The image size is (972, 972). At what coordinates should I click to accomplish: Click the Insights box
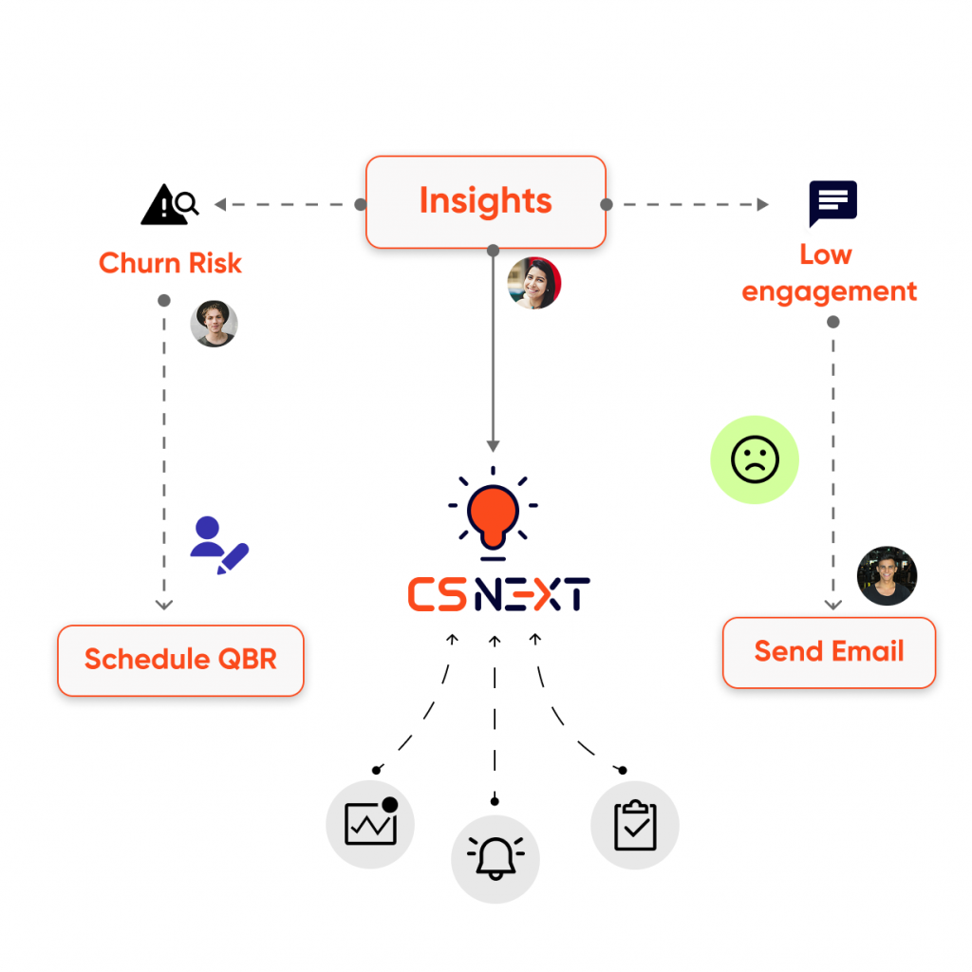485,202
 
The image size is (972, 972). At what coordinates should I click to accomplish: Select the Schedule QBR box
180,661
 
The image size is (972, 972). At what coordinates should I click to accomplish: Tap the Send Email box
829,653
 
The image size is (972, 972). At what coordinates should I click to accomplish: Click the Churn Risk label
170,263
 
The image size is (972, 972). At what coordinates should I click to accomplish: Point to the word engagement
829,292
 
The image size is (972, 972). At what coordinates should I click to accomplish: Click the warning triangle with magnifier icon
170,204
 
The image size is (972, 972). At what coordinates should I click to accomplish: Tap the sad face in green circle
755,459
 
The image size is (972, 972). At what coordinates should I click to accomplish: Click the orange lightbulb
493,514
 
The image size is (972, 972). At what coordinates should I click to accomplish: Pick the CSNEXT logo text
498,594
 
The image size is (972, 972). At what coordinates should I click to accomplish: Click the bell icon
495,858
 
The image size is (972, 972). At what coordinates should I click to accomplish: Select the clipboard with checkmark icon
635,825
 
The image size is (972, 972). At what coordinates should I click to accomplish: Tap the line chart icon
371,823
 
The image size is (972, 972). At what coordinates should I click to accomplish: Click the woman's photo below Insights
533,283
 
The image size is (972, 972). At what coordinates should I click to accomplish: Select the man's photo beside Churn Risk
214,324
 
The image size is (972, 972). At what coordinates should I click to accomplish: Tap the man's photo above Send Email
888,576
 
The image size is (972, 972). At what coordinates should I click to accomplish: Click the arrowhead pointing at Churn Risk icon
220,204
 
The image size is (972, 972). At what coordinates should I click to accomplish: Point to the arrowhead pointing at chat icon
762,204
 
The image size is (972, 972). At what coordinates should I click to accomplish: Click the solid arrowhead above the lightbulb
493,446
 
